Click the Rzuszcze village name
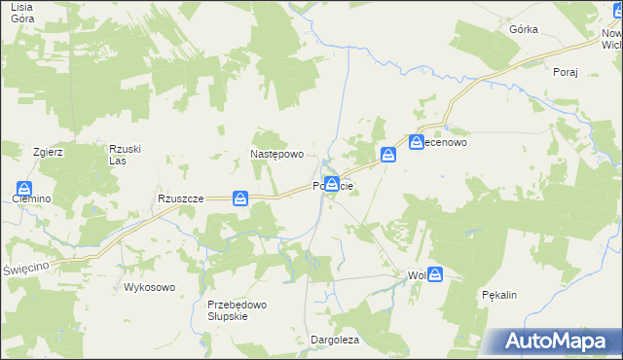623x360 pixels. [180, 198]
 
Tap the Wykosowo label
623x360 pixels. [149, 287]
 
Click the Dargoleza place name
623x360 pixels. [335, 340]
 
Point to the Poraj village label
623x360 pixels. [566, 72]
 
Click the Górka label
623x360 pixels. [524, 29]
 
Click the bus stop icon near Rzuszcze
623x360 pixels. [240, 198]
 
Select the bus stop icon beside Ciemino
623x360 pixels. [24, 189]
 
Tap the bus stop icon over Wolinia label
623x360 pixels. [435, 275]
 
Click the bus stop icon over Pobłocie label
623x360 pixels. [332, 184]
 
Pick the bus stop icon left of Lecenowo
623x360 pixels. [388, 154]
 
